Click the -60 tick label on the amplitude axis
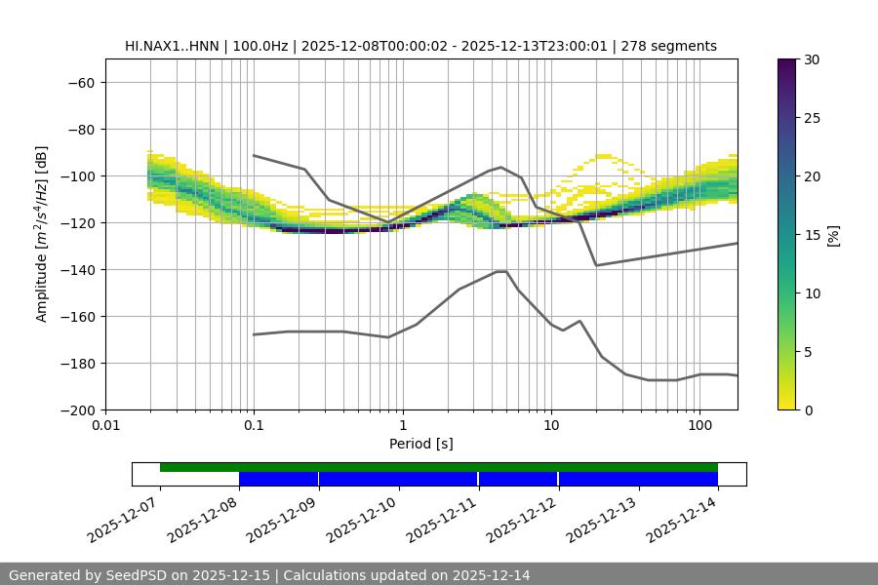80,82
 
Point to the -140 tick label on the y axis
76,269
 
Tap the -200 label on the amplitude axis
76,409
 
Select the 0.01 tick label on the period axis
105,426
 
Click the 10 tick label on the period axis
551,426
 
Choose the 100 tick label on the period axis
699,426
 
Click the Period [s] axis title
420,444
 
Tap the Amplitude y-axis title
42,234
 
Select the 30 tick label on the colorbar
812,59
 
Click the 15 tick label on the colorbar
812,235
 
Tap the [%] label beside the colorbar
832,235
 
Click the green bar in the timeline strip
439,467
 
